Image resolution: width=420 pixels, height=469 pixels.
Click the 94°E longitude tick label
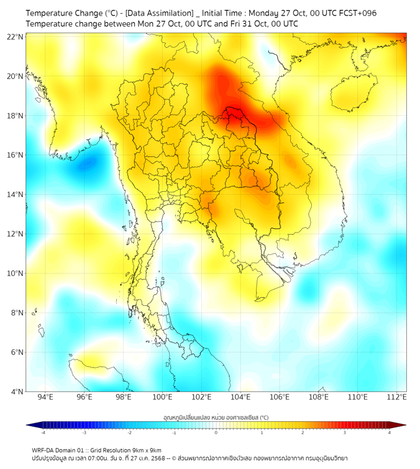pos(45,397)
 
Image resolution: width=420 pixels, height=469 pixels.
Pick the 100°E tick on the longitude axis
pos(162,397)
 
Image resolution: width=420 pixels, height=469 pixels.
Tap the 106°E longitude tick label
pos(280,397)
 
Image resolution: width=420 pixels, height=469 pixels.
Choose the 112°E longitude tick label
pos(396,397)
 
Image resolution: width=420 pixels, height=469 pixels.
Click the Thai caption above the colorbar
pos(216,418)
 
